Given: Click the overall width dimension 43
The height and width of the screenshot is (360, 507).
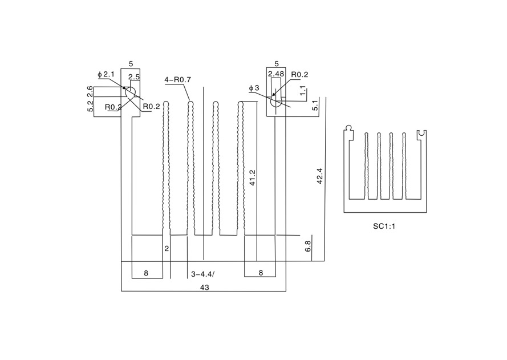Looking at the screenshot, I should tap(204, 288).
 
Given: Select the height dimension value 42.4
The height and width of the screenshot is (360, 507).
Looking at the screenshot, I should tap(320, 175).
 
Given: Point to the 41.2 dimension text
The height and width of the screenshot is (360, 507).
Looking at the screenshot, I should tap(253, 177).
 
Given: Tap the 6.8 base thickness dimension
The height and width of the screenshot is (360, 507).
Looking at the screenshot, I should tap(308, 246).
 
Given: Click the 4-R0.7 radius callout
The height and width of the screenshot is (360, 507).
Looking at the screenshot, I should tap(177, 80).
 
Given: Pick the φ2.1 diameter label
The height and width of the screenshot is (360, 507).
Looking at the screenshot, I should tap(106, 74).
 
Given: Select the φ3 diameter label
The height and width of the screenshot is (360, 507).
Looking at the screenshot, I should tap(254, 88).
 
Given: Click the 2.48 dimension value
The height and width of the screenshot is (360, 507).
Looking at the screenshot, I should tap(276, 74).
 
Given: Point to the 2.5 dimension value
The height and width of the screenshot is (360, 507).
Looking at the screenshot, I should tap(134, 77).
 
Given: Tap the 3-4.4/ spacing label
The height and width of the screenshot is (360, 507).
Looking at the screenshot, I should tap(203, 274).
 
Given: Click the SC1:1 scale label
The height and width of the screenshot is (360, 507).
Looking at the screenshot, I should tap(384, 226).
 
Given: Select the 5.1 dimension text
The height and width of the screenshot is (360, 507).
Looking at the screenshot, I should tap(315, 105).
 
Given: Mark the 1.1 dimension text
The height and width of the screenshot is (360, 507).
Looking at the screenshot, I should tap(303, 90).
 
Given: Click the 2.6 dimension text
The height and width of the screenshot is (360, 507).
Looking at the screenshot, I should tap(90, 91).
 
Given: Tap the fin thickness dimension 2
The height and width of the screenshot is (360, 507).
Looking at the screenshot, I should tap(167, 249).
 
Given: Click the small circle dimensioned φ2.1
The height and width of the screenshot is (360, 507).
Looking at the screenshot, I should tap(131, 91).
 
